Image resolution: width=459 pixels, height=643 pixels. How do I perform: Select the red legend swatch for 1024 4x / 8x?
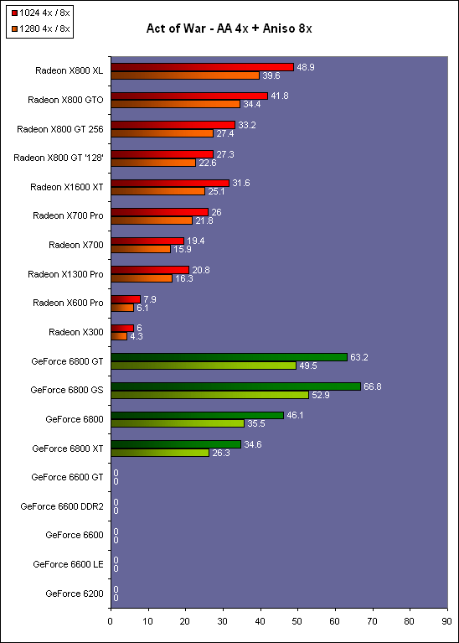coord(14,13)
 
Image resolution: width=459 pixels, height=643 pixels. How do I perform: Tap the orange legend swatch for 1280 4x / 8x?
coord(14,29)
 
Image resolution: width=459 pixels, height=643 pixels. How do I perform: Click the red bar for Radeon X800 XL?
coord(203,67)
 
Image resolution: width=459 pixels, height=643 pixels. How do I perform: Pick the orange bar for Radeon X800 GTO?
coord(175,104)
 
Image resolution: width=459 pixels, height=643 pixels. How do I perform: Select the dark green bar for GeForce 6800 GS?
coord(235,386)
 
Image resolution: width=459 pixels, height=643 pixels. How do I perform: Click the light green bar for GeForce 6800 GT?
coord(204,366)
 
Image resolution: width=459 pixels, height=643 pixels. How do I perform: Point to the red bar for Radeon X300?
coord(122,329)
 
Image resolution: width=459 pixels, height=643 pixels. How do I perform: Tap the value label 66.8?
coord(373,386)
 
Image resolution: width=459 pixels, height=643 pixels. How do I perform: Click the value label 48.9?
coord(306,67)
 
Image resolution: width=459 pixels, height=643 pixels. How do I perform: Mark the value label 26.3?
coord(221,454)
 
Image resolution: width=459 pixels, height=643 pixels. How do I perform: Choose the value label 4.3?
coord(136,337)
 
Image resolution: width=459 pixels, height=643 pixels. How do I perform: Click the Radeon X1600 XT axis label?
coord(67,187)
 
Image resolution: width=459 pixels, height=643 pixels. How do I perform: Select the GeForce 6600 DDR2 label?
coord(62,506)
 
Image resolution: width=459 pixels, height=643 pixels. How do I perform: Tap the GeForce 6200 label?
coord(75,594)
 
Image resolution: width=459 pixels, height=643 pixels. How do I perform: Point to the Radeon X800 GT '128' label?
coord(59,158)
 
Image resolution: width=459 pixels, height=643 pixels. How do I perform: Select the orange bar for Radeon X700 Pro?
coord(152,220)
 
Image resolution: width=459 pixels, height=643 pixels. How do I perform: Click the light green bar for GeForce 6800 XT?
coord(160,453)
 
